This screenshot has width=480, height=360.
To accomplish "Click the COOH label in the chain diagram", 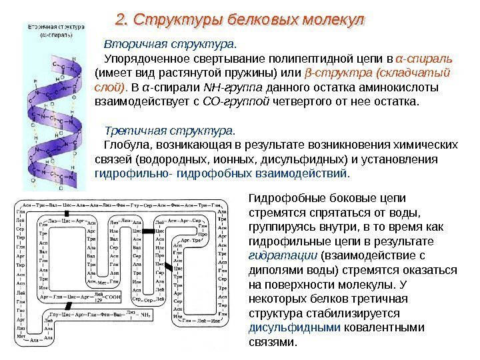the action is pos(113,297).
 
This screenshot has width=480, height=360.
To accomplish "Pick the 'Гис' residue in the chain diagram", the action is pos(21,310).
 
